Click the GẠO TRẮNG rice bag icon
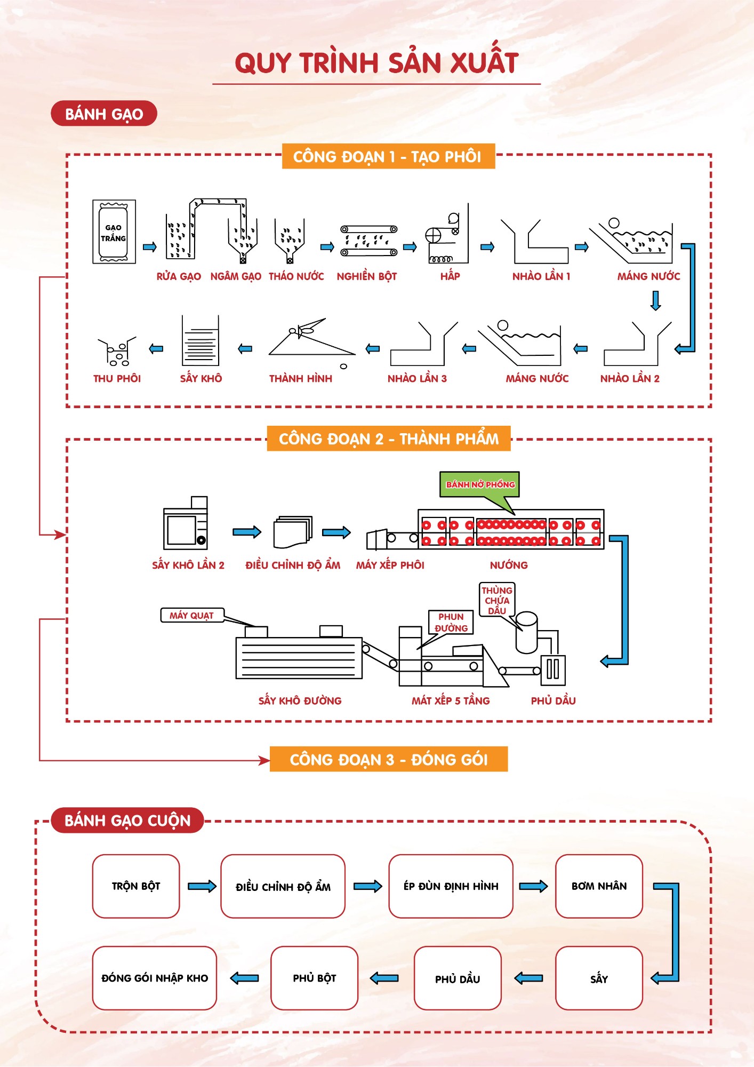click(114, 232)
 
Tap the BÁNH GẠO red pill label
click(104, 114)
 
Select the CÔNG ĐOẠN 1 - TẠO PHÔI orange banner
click(388, 156)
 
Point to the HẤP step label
click(450, 276)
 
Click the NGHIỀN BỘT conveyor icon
click(369, 241)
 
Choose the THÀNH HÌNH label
click(301, 379)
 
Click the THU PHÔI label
click(117, 379)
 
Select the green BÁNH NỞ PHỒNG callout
click(479, 484)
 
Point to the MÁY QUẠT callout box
click(192, 616)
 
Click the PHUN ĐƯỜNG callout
click(451, 623)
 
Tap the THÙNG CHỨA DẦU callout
click(497, 600)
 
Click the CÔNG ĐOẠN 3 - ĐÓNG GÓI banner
click(389, 759)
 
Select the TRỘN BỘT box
click(136, 886)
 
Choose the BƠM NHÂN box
click(599, 886)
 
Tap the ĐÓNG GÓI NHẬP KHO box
click(155, 978)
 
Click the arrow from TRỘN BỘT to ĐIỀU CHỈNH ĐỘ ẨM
click(202, 886)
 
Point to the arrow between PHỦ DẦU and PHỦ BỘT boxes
click(384, 978)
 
